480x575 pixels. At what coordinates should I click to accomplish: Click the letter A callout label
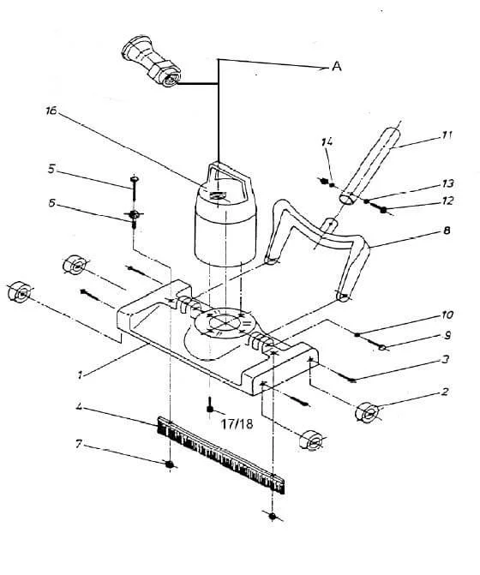coord(337,66)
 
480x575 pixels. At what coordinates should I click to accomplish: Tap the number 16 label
coord(51,111)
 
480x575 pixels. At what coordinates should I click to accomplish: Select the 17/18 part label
coord(237,424)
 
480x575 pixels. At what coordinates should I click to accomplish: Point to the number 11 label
coord(446,135)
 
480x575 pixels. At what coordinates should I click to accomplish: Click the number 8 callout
coord(447,231)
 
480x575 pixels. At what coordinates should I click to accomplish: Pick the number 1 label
coord(79,374)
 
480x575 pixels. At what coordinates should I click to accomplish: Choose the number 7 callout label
coord(78,445)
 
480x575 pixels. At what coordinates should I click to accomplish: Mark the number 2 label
coord(445,392)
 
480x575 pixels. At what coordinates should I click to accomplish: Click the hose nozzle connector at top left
coord(151,62)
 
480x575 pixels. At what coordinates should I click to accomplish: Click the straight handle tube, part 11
coord(369,165)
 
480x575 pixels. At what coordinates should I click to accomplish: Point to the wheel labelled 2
coord(367,412)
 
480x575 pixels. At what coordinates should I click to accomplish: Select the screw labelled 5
coord(134,187)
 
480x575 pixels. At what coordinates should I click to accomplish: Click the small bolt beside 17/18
coord(210,405)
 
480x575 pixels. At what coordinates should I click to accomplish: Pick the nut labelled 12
coord(383,210)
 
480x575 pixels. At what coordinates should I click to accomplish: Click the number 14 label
coord(327,141)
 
